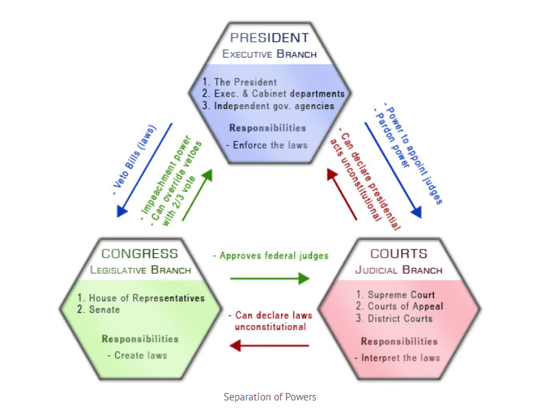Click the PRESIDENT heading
[x=269, y=37]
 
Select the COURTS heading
[x=398, y=254]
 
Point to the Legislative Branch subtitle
[x=140, y=269]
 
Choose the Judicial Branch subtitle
[x=398, y=269]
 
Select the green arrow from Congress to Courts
[x=269, y=278]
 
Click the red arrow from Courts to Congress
[x=269, y=346]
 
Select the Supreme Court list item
[x=395, y=295]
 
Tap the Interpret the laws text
[x=397, y=357]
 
